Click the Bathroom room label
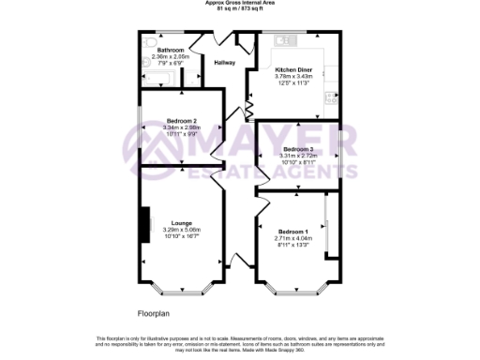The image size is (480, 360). (x=170, y=50)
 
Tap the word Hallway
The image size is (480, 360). (x=224, y=63)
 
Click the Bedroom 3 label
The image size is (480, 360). (x=298, y=149)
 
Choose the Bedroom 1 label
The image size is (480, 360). (x=292, y=232)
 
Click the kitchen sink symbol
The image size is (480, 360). (x=281, y=39)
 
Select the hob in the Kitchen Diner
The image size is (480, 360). (x=331, y=97)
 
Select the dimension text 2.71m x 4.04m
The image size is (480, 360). (x=292, y=239)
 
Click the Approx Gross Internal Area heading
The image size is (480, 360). (x=239, y=3)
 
